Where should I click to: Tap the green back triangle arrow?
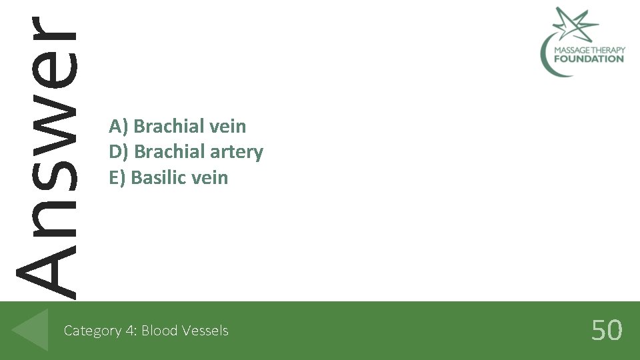pos(31,329)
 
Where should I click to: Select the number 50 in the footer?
pos(607,330)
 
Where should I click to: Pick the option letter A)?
pos(119,126)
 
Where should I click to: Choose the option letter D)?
pos(119,152)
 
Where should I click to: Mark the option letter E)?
pos(117,178)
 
